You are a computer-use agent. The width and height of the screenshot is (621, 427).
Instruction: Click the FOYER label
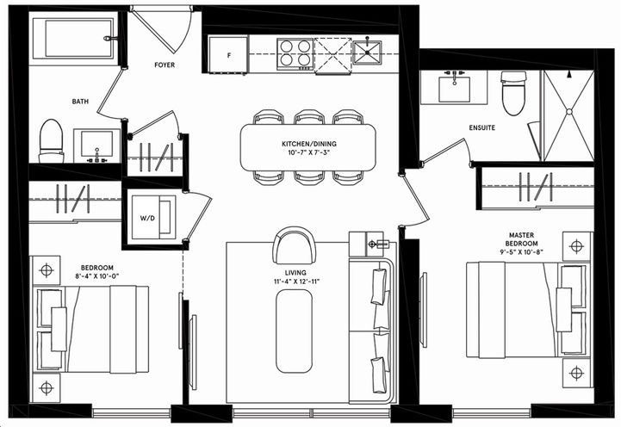165,65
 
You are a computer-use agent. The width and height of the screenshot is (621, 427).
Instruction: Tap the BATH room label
80,102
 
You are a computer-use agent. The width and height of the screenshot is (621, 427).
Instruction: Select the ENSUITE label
481,128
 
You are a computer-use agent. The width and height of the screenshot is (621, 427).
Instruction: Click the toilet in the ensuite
513,92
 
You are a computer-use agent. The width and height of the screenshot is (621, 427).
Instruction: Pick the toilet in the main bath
52,140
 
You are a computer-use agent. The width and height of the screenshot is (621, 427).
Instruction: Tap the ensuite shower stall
568,116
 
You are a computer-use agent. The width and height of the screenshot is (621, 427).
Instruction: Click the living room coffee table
293,329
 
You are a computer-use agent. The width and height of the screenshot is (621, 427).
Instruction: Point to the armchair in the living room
294,246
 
